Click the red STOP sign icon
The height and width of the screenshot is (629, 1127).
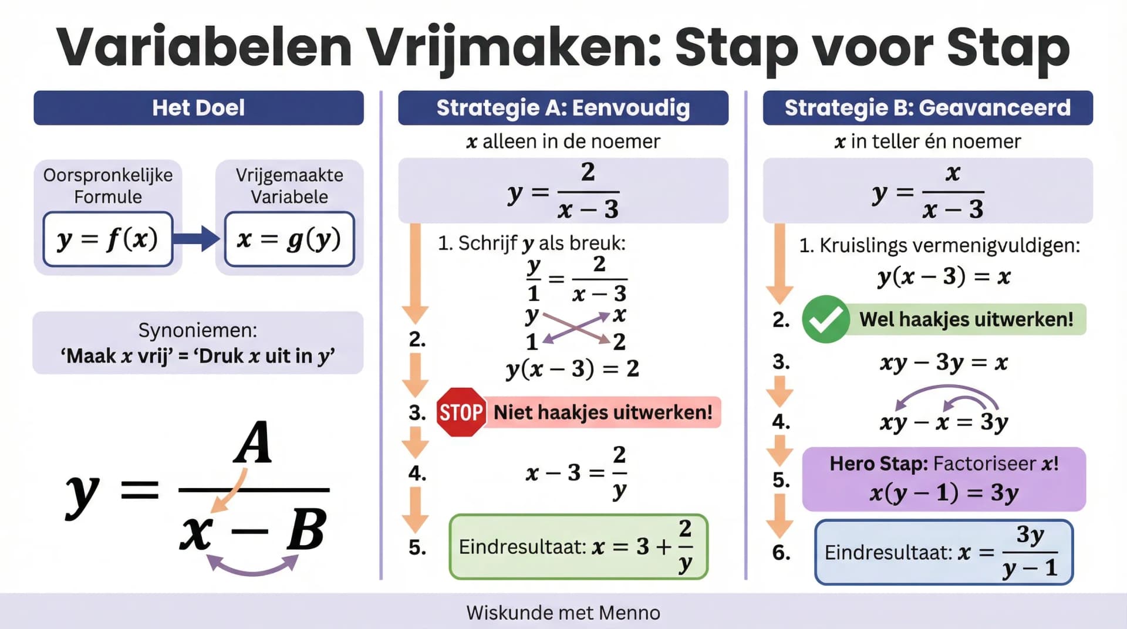point(461,412)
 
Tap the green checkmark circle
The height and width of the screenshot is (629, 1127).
point(825,319)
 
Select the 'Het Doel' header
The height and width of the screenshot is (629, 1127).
point(198,108)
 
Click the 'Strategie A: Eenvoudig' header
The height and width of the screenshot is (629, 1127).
point(563,108)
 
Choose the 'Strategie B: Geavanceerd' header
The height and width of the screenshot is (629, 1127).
point(927,108)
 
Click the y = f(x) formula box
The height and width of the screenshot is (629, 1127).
point(108,239)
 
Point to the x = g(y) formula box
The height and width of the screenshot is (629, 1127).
point(289,239)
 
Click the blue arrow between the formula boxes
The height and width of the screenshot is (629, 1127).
point(197,238)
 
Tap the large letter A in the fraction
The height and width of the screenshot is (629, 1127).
point(253,443)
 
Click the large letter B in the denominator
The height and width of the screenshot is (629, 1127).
point(306,530)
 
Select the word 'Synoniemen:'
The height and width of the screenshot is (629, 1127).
point(198,330)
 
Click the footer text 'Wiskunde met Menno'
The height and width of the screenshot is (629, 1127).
point(563,613)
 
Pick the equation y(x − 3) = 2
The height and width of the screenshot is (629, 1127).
point(572,368)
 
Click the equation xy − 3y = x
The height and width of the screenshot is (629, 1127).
point(944,363)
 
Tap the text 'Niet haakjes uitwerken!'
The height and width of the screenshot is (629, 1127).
point(603,412)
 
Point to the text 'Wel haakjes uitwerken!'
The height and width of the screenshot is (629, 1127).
point(966,319)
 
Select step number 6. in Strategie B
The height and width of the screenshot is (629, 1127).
point(781,552)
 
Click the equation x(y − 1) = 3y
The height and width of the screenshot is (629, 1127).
point(944,493)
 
